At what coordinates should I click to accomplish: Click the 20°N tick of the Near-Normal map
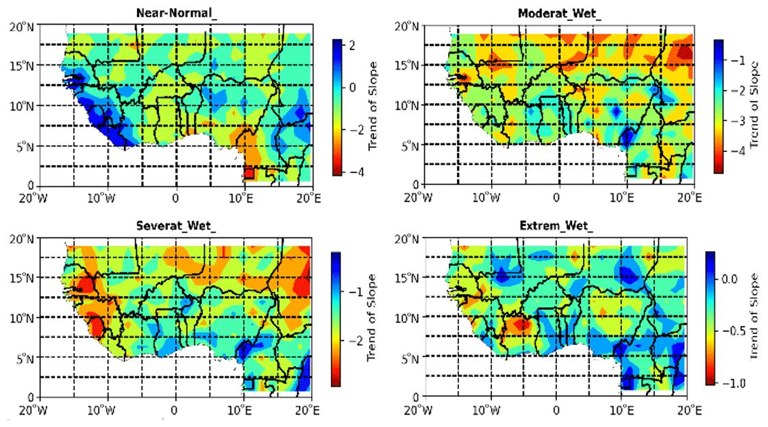[x=21, y=27]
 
